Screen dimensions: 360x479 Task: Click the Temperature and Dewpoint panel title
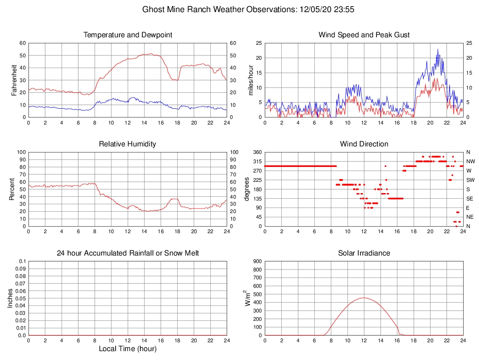click(127, 35)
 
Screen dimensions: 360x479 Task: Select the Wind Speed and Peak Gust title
click(364, 35)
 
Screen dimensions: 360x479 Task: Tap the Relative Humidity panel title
click(127, 144)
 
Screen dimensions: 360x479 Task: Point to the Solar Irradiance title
click(364, 253)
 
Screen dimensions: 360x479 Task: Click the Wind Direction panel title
click(364, 144)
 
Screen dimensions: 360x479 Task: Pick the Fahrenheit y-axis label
click(14, 80)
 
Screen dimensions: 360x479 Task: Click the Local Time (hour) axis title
click(127, 349)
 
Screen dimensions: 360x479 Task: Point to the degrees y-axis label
click(247, 189)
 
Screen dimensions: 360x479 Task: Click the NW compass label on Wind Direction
click(470, 161)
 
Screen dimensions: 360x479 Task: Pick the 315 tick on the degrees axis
click(258, 161)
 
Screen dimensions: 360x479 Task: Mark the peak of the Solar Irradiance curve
click(364, 298)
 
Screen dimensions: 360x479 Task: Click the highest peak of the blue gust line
click(437, 49)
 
